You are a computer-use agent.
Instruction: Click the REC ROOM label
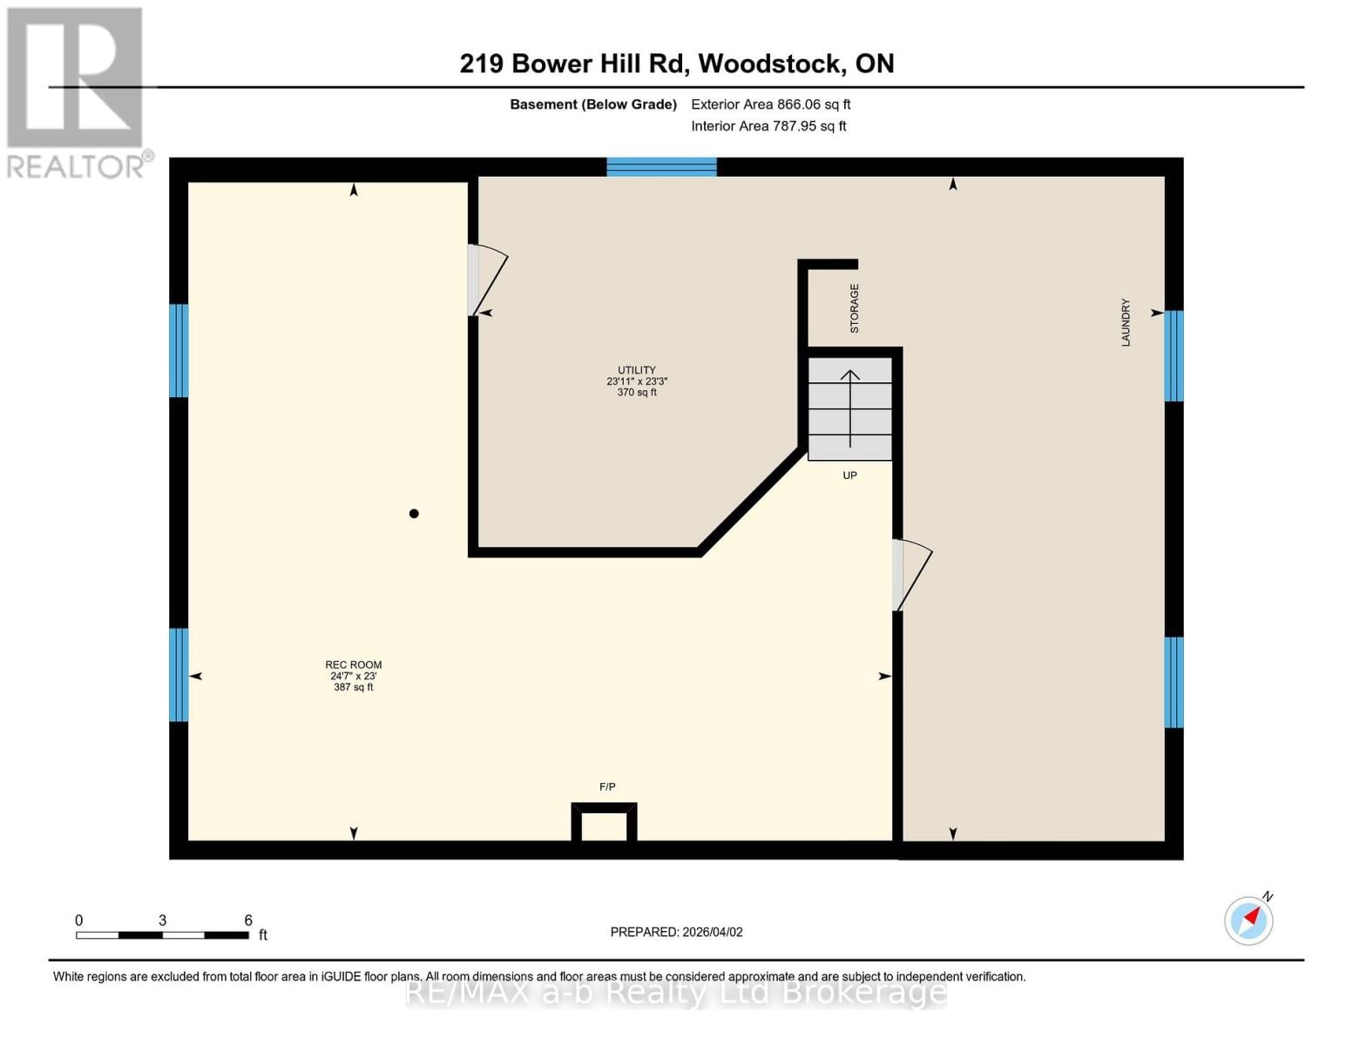[x=353, y=665]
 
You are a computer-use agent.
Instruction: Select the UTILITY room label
[x=636, y=370]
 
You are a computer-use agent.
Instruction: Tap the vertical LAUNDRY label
[x=1125, y=322]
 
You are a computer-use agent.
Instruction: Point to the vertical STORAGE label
[x=854, y=308]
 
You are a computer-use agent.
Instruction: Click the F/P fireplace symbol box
[x=604, y=822]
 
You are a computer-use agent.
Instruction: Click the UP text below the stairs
[x=849, y=475]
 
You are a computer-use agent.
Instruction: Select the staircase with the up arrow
[x=849, y=408]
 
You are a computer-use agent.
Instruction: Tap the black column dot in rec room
[x=414, y=514]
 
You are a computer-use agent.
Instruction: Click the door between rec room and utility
[x=485, y=280]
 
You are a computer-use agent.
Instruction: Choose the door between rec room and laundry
[x=910, y=575]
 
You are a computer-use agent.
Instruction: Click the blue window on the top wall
[x=661, y=167]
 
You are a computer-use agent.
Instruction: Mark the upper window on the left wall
[x=179, y=350]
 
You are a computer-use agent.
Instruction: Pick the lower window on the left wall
[x=179, y=675]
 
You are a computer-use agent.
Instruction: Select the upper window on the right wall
[x=1174, y=355]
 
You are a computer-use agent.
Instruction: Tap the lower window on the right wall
[x=1174, y=682]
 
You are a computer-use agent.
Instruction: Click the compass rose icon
[x=1248, y=920]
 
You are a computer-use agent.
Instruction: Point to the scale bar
[x=162, y=935]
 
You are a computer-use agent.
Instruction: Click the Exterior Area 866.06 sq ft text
[x=770, y=104]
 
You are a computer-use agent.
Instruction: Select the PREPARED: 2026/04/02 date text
[x=676, y=932]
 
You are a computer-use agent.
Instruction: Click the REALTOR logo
[x=77, y=92]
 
